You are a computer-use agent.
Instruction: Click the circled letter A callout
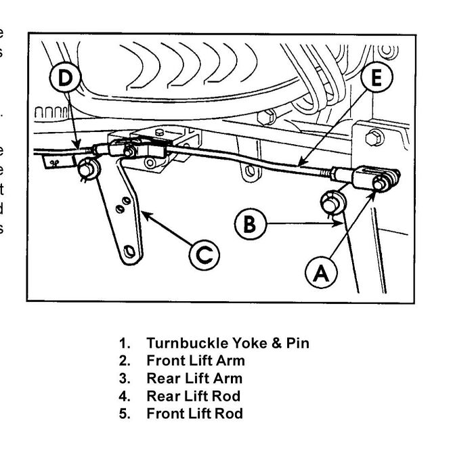tap(321, 272)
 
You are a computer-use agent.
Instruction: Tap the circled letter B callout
tap(250, 223)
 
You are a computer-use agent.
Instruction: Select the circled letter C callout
tap(204, 255)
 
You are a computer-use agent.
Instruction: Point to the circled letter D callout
tap(65, 78)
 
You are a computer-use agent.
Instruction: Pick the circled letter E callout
tap(376, 78)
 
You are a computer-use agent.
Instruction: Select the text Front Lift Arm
tap(196, 361)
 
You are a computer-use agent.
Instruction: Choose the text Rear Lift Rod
tap(193, 396)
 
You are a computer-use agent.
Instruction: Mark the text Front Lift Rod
tap(194, 414)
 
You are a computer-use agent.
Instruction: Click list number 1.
tap(124, 343)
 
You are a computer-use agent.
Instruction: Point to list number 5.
tap(124, 414)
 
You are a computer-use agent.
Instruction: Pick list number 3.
tap(124, 378)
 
